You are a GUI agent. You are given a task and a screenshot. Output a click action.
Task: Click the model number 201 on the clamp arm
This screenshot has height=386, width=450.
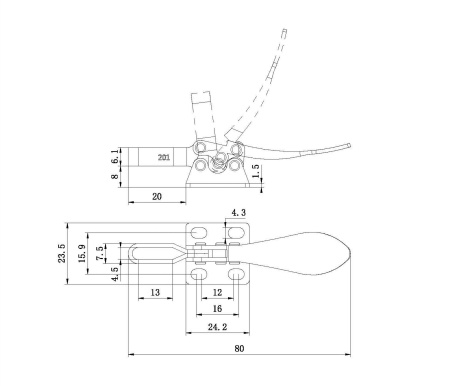pos(163,157)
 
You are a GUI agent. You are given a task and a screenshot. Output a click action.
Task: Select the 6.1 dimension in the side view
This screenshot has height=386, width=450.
pos(115,157)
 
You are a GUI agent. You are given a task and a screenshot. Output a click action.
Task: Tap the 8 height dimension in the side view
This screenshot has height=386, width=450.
pos(115,179)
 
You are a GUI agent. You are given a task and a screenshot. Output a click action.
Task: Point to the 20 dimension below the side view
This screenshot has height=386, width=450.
pos(157,197)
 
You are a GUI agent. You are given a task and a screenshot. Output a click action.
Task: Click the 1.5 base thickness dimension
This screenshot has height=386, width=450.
pos(257,172)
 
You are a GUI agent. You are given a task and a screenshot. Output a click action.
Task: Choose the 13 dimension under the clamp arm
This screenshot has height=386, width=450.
pos(156,292)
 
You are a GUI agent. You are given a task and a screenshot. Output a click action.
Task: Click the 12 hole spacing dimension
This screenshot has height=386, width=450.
pos(217,292)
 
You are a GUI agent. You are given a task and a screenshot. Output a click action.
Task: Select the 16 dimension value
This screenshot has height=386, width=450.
pos(217,310)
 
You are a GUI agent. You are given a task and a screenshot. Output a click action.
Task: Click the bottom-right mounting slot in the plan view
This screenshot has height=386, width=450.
pos(236,274)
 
